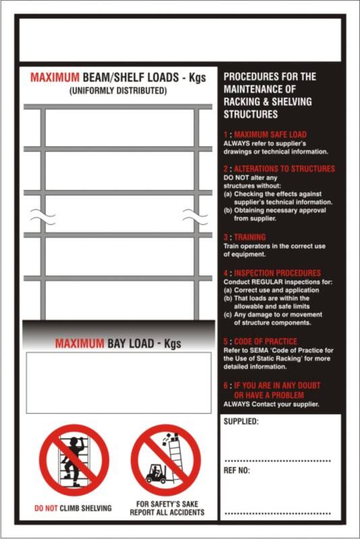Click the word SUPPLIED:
click(x=241, y=422)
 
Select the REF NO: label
click(x=237, y=471)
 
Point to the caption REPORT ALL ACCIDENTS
click(x=167, y=513)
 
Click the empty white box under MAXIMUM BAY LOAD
click(x=118, y=382)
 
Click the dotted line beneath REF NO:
click(x=277, y=513)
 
